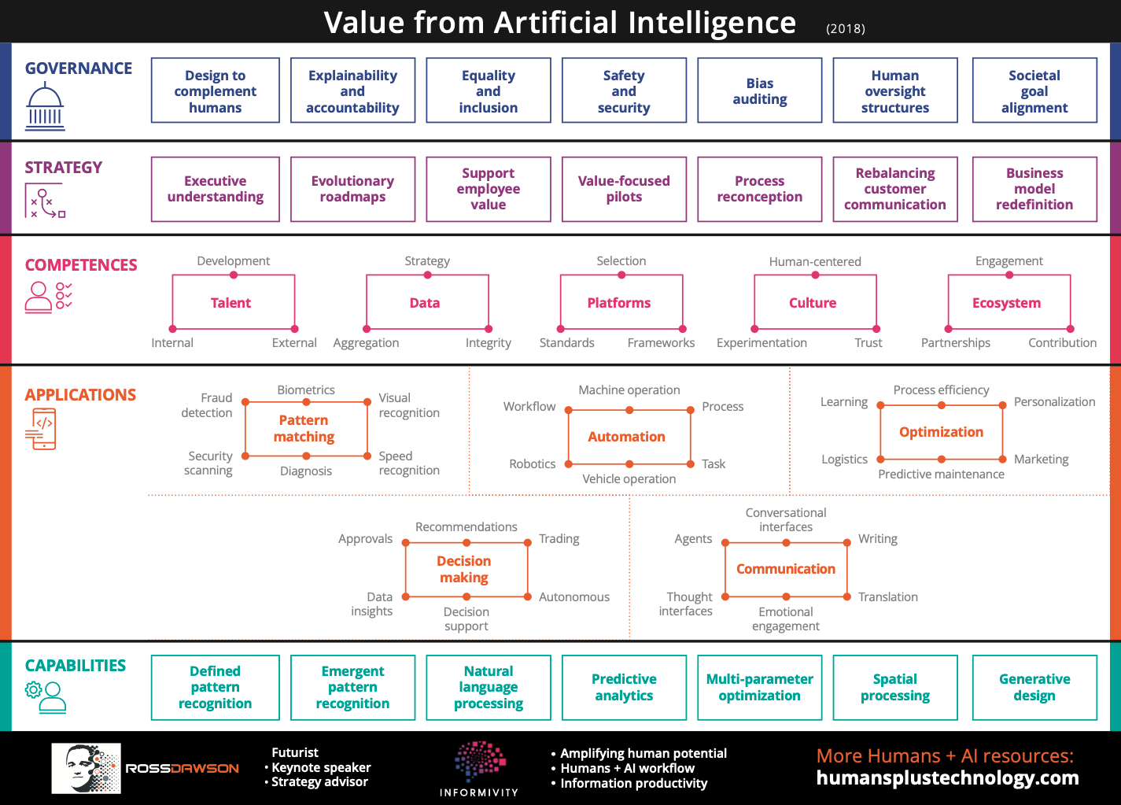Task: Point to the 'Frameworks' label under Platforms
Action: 661,343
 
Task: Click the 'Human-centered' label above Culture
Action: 815,261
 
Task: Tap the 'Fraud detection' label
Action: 207,405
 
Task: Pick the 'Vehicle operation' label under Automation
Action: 629,479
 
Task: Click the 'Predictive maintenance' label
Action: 941,474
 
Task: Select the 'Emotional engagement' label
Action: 786,619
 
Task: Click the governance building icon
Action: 45,106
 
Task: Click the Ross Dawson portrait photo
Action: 86,769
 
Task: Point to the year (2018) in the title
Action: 845,28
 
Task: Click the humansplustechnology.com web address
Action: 947,778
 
